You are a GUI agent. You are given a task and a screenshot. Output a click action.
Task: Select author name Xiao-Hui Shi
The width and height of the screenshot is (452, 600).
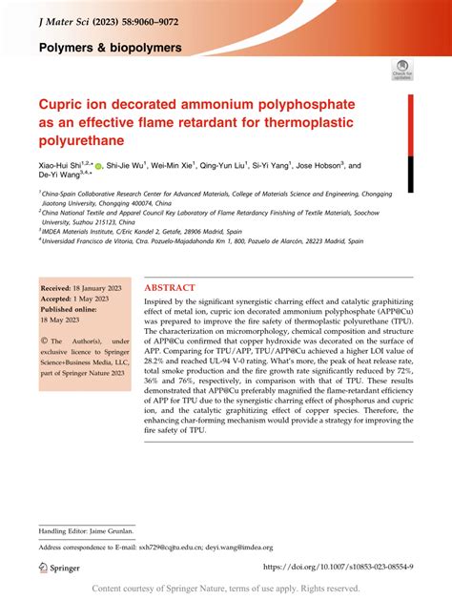62,165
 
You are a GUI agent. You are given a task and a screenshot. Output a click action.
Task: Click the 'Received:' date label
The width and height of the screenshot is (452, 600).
59,287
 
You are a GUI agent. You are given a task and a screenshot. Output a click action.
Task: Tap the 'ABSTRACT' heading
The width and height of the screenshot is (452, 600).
170,287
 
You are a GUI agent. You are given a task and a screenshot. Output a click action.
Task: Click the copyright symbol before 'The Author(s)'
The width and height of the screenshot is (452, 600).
44,341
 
